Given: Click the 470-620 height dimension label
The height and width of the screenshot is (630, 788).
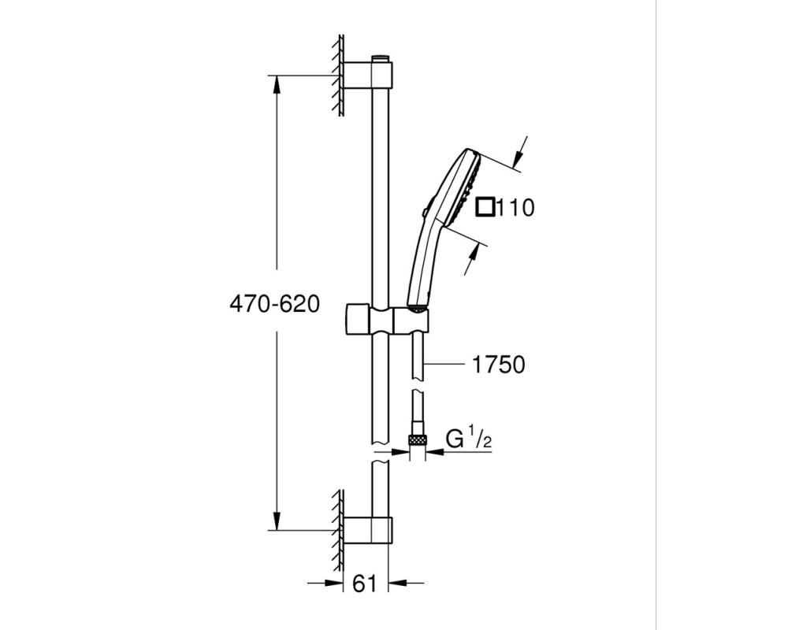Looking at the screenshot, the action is [274, 305].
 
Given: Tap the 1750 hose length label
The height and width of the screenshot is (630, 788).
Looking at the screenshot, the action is [499, 365].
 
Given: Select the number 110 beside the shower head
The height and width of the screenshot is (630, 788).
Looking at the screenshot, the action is [515, 207].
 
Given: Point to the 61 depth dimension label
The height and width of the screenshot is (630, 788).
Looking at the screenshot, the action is [364, 584].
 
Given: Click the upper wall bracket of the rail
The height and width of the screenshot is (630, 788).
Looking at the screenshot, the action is [367, 76].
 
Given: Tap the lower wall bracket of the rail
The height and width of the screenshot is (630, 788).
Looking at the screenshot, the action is [367, 529].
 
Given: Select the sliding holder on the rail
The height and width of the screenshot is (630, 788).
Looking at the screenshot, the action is [386, 320].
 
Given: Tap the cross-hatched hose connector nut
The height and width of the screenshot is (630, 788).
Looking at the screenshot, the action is [417, 440].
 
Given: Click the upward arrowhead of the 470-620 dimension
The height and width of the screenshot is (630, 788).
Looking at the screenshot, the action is [277, 85].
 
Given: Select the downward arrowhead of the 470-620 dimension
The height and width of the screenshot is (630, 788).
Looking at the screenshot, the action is [277, 521].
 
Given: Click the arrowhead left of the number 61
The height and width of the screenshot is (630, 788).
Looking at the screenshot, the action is [333, 584].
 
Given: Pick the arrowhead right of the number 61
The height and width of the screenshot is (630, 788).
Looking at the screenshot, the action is [398, 584].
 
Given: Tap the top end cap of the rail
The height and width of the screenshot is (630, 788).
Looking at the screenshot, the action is [381, 57].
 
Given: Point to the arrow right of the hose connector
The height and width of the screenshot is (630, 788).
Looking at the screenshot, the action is [435, 452].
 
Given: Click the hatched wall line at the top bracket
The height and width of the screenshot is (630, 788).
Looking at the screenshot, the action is [340, 76].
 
